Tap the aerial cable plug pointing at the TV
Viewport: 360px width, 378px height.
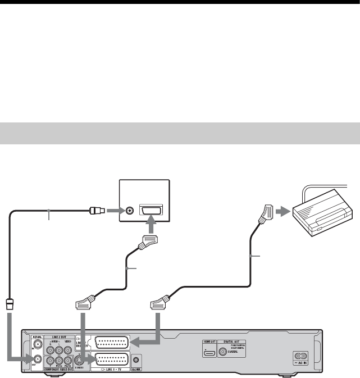pyautogui.click(x=97, y=212)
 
